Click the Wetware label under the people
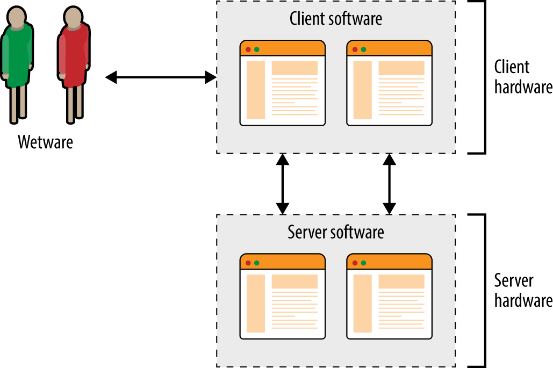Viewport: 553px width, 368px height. (45, 142)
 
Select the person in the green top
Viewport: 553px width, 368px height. (17, 62)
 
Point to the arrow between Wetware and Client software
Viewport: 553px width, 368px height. (161, 78)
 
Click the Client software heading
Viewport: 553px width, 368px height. (336, 19)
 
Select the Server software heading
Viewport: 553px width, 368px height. (336, 233)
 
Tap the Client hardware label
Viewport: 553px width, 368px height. (522, 77)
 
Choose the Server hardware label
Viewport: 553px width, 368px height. (522, 291)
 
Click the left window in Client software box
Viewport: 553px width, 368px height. (283, 83)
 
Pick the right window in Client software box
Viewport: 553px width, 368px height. (389, 83)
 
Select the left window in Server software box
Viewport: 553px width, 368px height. (283, 297)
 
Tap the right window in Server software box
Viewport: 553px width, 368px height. (389, 297)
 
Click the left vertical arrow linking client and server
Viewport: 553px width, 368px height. (283, 184)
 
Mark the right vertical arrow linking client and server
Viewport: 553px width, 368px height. (389, 184)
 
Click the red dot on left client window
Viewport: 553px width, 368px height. (248, 49)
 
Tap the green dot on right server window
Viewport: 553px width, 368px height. (363, 263)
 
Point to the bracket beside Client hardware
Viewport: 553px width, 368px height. (484, 77)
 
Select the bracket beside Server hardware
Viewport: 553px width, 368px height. (484, 291)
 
